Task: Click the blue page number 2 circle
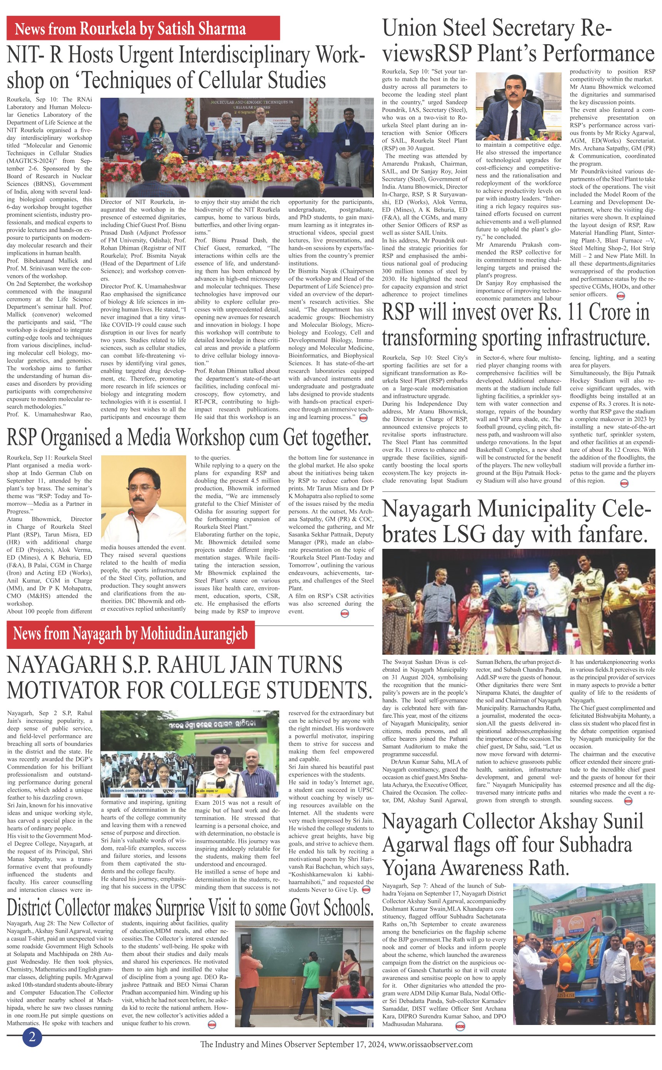coord(32,1037)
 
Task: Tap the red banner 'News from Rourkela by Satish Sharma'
coord(143,28)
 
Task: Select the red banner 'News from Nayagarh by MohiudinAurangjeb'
coord(130,634)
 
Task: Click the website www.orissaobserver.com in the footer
coord(430,1044)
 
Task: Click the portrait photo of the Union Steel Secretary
coord(519,107)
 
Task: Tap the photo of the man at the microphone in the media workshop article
coord(143,499)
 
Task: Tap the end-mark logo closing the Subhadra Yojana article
coord(460,1026)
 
